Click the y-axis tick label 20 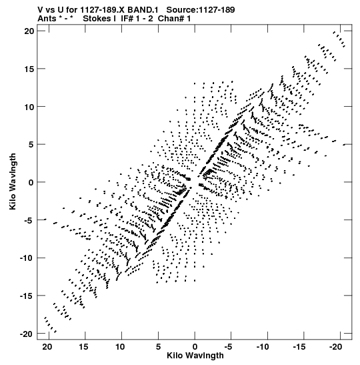(x=29, y=31)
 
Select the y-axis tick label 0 (x=31, y=182)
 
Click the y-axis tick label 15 (x=29, y=69)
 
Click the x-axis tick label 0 (x=195, y=347)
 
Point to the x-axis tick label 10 (x=120, y=347)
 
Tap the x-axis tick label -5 (x=228, y=347)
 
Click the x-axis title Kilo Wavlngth (x=195, y=356)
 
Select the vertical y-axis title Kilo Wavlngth (x=13, y=181)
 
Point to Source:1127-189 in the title (x=201, y=10)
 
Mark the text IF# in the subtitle (x=127, y=19)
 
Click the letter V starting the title (x=41, y=10)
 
